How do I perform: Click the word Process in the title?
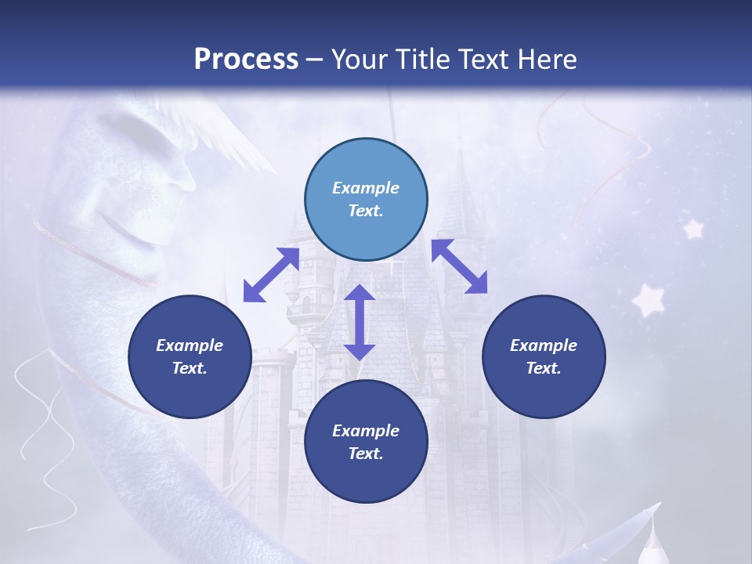[x=246, y=60]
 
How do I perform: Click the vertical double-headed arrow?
[x=360, y=322]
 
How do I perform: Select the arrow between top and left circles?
[x=271, y=275]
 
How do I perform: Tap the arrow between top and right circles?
[x=460, y=267]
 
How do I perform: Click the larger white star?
[x=649, y=300]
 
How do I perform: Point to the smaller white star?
[x=693, y=229]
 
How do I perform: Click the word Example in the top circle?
[x=366, y=188]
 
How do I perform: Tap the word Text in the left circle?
[x=190, y=368]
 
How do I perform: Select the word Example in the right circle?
[x=544, y=345]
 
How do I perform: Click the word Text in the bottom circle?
[x=366, y=454]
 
